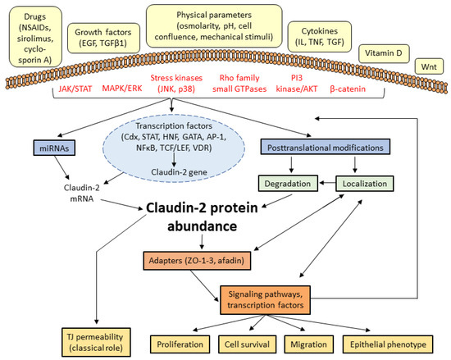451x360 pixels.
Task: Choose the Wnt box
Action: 430,62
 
